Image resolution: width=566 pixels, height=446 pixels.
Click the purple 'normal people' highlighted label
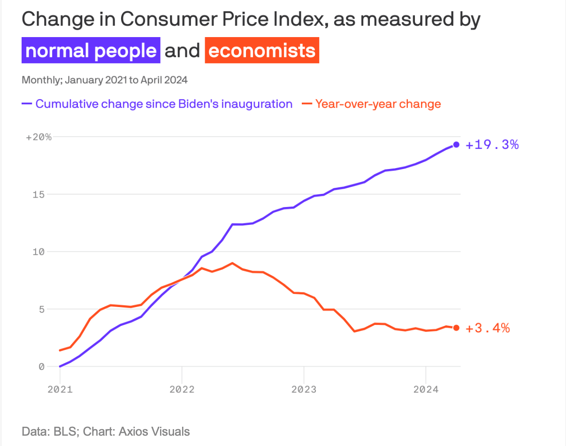coord(91,51)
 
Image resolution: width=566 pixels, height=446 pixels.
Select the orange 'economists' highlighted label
coord(262,51)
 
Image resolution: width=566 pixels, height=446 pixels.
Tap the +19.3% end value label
coord(492,145)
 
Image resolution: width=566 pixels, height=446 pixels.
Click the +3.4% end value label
coord(488,328)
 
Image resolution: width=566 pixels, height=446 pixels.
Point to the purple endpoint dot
coord(456,145)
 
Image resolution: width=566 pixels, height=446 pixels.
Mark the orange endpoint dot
coord(456,328)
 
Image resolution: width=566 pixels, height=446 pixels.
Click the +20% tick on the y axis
coord(38,137)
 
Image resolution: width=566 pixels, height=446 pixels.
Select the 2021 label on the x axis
coord(60,389)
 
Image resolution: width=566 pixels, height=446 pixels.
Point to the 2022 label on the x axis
coord(182,389)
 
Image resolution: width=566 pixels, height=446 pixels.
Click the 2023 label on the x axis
coord(304,389)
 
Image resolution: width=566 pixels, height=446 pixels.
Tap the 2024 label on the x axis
coord(425,389)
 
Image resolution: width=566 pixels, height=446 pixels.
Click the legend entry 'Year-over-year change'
coord(378,104)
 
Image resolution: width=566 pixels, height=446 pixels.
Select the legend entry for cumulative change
coord(164,104)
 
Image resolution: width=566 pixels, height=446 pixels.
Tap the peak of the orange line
coord(232,263)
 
